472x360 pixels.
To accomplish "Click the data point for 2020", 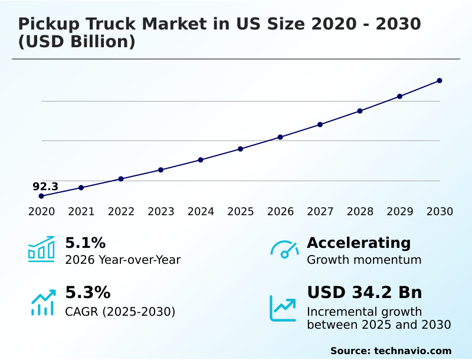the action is pyautogui.click(x=41, y=196).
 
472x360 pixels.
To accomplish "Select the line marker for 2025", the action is pyautogui.click(x=240, y=149).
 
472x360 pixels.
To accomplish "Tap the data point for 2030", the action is pyautogui.click(x=440, y=80).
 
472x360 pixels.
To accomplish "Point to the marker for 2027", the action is pyautogui.click(x=320, y=125).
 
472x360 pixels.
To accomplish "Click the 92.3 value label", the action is pyautogui.click(x=45, y=186).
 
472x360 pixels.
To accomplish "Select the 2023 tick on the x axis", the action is pyautogui.click(x=161, y=211).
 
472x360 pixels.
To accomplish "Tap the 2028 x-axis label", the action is pyautogui.click(x=360, y=211).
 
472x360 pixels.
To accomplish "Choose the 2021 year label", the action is pyautogui.click(x=81, y=211).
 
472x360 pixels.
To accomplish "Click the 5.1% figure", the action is pyautogui.click(x=85, y=243).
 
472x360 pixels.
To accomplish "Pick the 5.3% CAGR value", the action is pyautogui.click(x=87, y=293).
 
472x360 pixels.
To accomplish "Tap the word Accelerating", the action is pyautogui.click(x=359, y=243).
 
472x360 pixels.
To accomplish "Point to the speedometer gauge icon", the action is pyautogui.click(x=284, y=249).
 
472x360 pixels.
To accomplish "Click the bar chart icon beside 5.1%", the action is pyautogui.click(x=41, y=249).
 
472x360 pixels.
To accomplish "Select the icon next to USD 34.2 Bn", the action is pyautogui.click(x=283, y=308).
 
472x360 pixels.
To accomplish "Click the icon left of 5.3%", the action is pyautogui.click(x=42, y=302).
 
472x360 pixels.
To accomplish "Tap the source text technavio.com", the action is pyautogui.click(x=412, y=351).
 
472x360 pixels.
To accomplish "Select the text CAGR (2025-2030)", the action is pyautogui.click(x=120, y=311).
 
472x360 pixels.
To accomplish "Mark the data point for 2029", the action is pyautogui.click(x=399, y=96).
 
